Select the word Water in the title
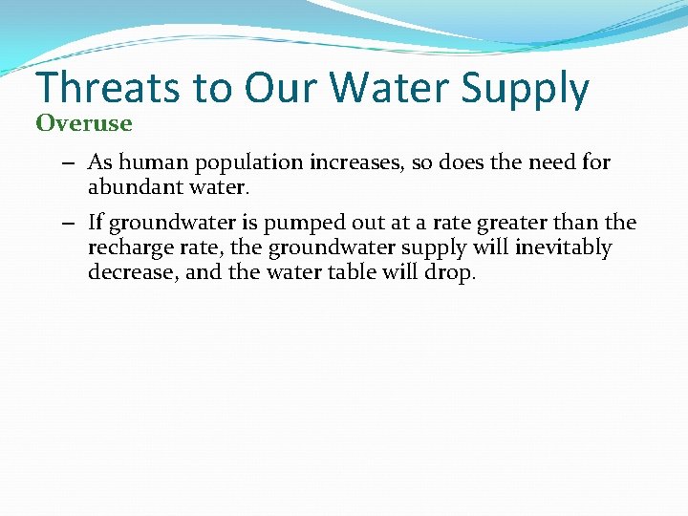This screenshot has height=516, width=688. (x=392, y=89)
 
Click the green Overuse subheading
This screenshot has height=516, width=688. (x=84, y=123)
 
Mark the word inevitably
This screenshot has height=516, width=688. (x=564, y=248)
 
